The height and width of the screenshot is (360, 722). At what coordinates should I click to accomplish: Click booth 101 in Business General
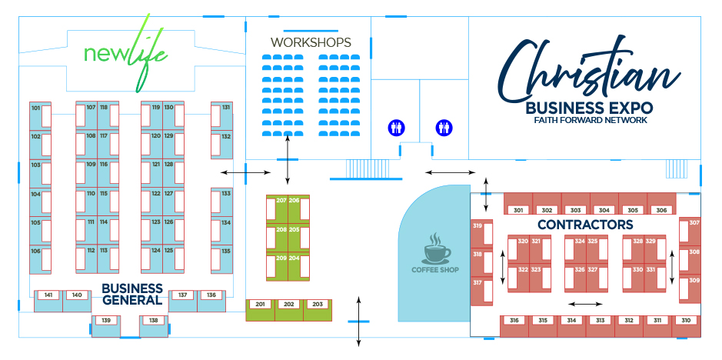[x=40, y=116]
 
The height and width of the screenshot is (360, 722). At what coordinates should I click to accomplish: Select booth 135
[x=221, y=260]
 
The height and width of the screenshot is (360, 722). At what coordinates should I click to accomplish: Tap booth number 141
[x=48, y=301]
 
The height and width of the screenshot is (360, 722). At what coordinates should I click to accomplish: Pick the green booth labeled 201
[x=260, y=310]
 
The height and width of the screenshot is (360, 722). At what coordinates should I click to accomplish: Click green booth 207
[x=278, y=208]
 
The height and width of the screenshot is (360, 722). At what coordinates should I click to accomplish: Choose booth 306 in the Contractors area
[x=661, y=204]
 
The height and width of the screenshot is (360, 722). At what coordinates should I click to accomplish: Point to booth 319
[x=481, y=233]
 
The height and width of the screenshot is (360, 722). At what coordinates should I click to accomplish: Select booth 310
[x=686, y=326]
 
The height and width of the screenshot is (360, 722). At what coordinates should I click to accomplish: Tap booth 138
[x=153, y=326]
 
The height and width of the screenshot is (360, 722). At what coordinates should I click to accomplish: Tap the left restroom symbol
[x=396, y=128]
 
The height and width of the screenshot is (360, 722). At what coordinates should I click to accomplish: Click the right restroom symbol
[x=444, y=128]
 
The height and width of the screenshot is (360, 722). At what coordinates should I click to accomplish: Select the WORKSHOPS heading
[x=311, y=42]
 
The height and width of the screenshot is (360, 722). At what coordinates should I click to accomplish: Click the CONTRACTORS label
[x=585, y=225]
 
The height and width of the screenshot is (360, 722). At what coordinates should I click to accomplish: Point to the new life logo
[x=125, y=53]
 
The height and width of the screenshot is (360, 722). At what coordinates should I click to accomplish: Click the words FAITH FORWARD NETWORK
[x=591, y=120]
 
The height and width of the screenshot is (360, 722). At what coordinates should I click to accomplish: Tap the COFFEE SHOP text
[x=435, y=270]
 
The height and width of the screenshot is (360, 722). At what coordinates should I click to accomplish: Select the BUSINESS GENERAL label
[x=132, y=294]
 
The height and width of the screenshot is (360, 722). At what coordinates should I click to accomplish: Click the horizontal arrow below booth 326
[x=585, y=304]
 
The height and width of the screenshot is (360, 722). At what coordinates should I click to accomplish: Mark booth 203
[x=318, y=310]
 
